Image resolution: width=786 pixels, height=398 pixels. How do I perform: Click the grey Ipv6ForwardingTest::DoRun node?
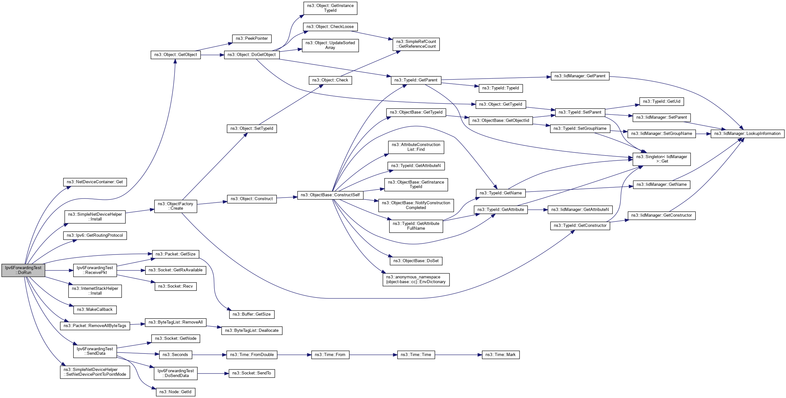[23, 270]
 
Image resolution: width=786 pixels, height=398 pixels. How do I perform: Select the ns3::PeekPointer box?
[251, 38]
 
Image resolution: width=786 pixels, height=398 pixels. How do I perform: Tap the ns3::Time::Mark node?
[500, 355]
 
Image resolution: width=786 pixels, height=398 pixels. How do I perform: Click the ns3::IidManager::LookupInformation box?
[747, 134]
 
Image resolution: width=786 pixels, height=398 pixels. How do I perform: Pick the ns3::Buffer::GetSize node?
[251, 314]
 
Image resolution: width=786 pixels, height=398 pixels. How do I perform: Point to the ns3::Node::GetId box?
[175, 392]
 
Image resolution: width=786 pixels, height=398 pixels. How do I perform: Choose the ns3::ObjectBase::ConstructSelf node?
[330, 195]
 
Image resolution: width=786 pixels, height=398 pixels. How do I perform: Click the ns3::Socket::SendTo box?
[251, 373]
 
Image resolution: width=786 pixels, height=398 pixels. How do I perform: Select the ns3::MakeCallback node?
[95, 310]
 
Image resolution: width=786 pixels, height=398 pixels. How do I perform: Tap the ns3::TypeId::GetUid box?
[661, 101]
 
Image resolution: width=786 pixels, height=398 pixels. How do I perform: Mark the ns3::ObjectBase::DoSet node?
[416, 261]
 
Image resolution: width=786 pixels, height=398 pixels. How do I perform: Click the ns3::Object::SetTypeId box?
[251, 129]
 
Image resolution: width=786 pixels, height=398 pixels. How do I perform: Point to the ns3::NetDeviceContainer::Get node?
[95, 182]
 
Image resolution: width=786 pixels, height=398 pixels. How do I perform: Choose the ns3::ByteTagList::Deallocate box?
[251, 331]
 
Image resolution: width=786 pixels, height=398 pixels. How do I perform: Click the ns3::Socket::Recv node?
[175, 286]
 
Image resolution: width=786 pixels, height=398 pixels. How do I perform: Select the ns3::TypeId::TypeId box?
[500, 88]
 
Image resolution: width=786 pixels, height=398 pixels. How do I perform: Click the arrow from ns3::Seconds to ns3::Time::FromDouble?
[209, 355]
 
